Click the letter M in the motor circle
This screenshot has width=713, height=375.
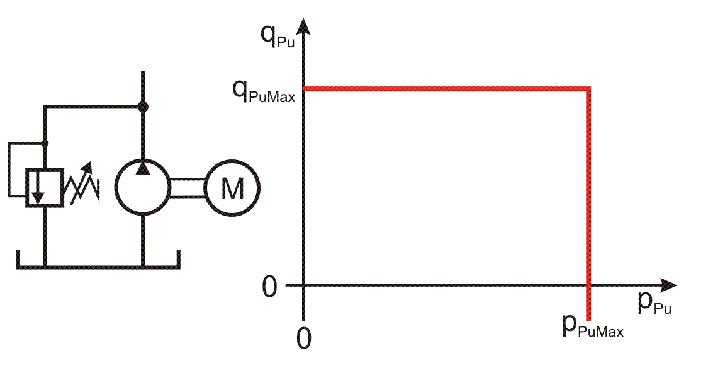[232, 188]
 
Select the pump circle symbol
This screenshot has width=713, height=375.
[116, 187]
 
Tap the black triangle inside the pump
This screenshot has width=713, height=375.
[143, 168]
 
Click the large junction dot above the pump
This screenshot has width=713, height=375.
[143, 107]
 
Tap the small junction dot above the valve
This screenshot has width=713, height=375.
[45, 143]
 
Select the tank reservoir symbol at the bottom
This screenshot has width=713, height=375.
[98, 265]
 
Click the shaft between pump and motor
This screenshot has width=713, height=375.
[188, 188]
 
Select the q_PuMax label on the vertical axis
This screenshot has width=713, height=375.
[264, 92]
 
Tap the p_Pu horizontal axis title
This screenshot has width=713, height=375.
[654, 304]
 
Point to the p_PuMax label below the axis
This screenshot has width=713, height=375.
[593, 326]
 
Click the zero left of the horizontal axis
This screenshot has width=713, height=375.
[269, 287]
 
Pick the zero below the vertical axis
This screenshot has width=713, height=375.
[304, 338]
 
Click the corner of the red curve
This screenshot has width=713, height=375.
[588, 89]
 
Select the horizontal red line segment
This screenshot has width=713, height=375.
[447, 89]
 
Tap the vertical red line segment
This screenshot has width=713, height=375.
[588, 204]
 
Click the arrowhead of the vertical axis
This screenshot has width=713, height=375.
[304, 26]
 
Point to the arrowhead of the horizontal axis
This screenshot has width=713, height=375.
[668, 286]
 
